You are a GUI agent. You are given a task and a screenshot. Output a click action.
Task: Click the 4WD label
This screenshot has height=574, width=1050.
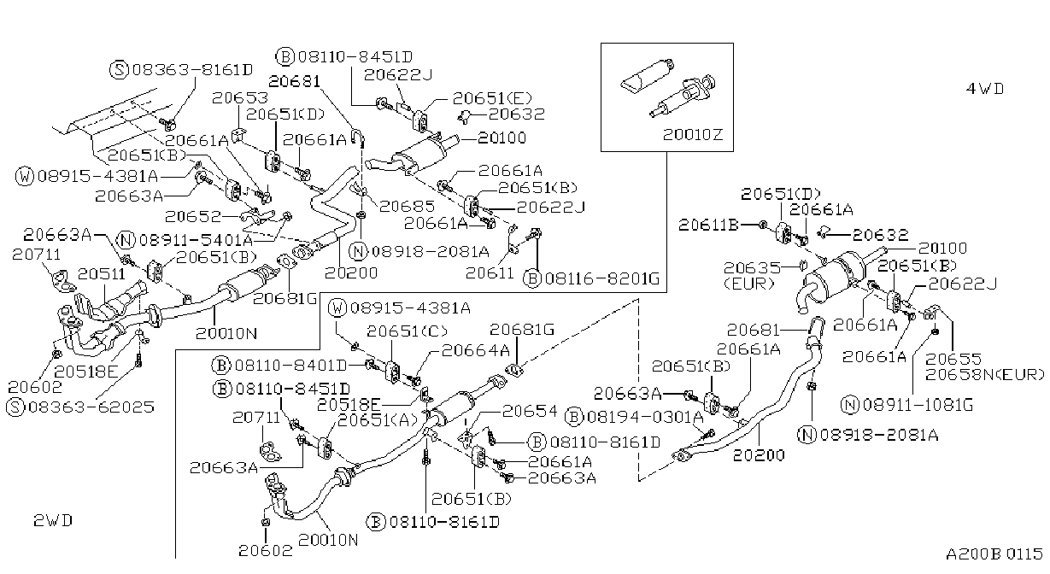point(985,89)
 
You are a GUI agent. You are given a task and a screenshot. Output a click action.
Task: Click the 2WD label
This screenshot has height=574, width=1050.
point(53,520)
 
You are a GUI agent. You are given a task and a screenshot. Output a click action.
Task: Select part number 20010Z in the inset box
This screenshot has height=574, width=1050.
point(693,135)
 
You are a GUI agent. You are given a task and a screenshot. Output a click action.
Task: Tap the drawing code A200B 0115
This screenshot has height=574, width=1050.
point(994,553)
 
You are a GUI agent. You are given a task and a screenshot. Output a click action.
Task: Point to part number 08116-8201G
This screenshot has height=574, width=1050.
point(602,278)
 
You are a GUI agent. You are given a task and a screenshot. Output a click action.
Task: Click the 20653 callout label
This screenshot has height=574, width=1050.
point(240,98)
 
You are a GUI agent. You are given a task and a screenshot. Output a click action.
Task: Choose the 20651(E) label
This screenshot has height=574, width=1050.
point(492,98)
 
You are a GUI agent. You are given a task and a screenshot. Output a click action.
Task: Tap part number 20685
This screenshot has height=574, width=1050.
point(407,206)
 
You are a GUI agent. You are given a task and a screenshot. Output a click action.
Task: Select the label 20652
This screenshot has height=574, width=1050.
point(192,216)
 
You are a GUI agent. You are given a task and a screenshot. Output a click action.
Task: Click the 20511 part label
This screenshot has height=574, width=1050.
point(102,274)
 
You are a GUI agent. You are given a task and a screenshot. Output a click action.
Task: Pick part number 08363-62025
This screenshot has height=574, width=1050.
point(91,407)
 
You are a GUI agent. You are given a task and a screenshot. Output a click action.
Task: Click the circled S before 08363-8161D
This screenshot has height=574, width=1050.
point(119,70)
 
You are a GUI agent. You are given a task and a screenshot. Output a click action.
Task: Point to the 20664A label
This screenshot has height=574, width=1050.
point(476,350)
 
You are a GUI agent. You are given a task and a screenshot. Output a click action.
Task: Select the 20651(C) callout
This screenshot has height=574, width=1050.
point(407,331)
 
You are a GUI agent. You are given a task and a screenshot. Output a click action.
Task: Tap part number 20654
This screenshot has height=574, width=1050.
point(530,411)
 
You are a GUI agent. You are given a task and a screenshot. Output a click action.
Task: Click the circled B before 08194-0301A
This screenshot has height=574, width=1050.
point(574,417)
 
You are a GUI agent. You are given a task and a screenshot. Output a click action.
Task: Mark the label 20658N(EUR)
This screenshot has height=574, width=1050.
point(985,375)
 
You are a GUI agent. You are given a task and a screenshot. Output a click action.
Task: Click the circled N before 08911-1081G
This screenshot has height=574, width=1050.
point(850,405)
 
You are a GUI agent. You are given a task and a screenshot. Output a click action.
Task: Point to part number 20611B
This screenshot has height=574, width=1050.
point(708,225)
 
